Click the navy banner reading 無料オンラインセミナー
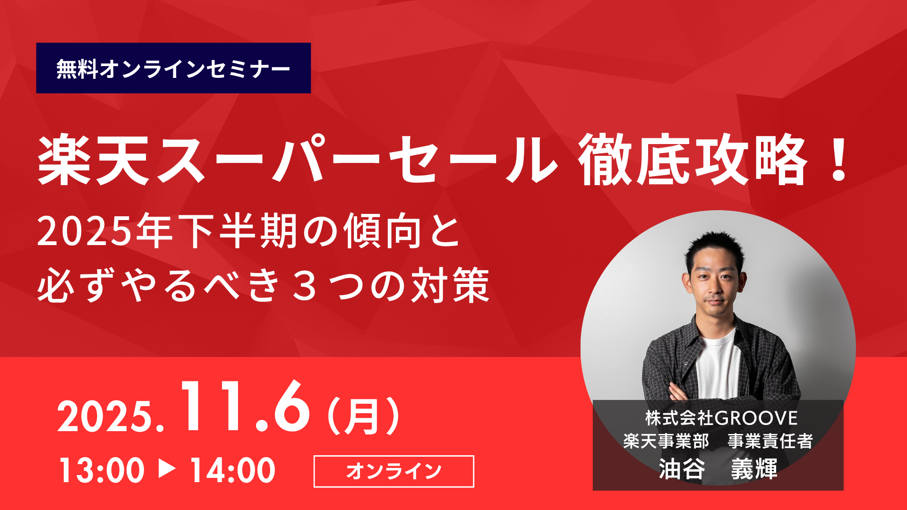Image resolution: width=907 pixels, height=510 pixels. click(173, 68)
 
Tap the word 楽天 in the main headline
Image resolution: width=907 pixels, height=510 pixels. click(94, 160)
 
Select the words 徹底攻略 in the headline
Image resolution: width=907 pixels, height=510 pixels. click(693, 160)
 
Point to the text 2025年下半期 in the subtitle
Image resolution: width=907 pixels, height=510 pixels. click(167, 231)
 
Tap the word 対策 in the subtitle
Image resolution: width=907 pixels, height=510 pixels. click(450, 285)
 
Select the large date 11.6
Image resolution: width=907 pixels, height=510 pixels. click(245, 407)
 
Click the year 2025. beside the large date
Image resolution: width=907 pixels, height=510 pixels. click(111, 416)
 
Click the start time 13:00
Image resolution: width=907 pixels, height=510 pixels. click(101, 470)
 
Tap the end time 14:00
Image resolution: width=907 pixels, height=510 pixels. click(232, 470)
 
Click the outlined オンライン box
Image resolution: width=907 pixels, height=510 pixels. click(394, 471)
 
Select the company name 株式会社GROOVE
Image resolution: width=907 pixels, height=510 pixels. click(721, 418)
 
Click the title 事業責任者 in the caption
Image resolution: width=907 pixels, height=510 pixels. click(770, 441)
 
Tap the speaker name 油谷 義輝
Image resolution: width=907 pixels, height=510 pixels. click(718, 469)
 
